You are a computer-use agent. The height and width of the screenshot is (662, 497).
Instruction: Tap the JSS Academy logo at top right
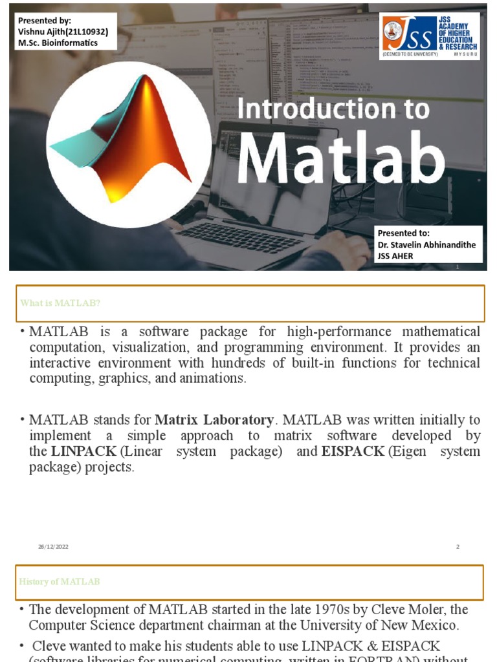click(429, 36)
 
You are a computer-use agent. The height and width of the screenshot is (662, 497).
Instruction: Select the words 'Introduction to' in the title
click(333, 109)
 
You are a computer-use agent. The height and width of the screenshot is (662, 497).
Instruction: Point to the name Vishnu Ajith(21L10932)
click(63, 31)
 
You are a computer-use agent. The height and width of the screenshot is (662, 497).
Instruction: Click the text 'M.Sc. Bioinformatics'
click(58, 43)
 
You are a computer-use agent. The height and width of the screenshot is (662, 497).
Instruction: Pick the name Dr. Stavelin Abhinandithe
click(427, 244)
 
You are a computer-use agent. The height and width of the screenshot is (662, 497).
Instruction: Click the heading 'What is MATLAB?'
click(60, 303)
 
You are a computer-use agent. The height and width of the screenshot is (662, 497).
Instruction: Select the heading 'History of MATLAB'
click(60, 582)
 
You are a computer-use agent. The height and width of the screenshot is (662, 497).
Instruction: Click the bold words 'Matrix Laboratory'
click(214, 420)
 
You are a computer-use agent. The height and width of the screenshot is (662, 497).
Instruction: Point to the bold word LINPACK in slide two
click(84, 451)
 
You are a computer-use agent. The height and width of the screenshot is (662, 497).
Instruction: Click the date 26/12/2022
click(53, 547)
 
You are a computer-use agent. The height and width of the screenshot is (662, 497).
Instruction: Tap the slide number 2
click(458, 547)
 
